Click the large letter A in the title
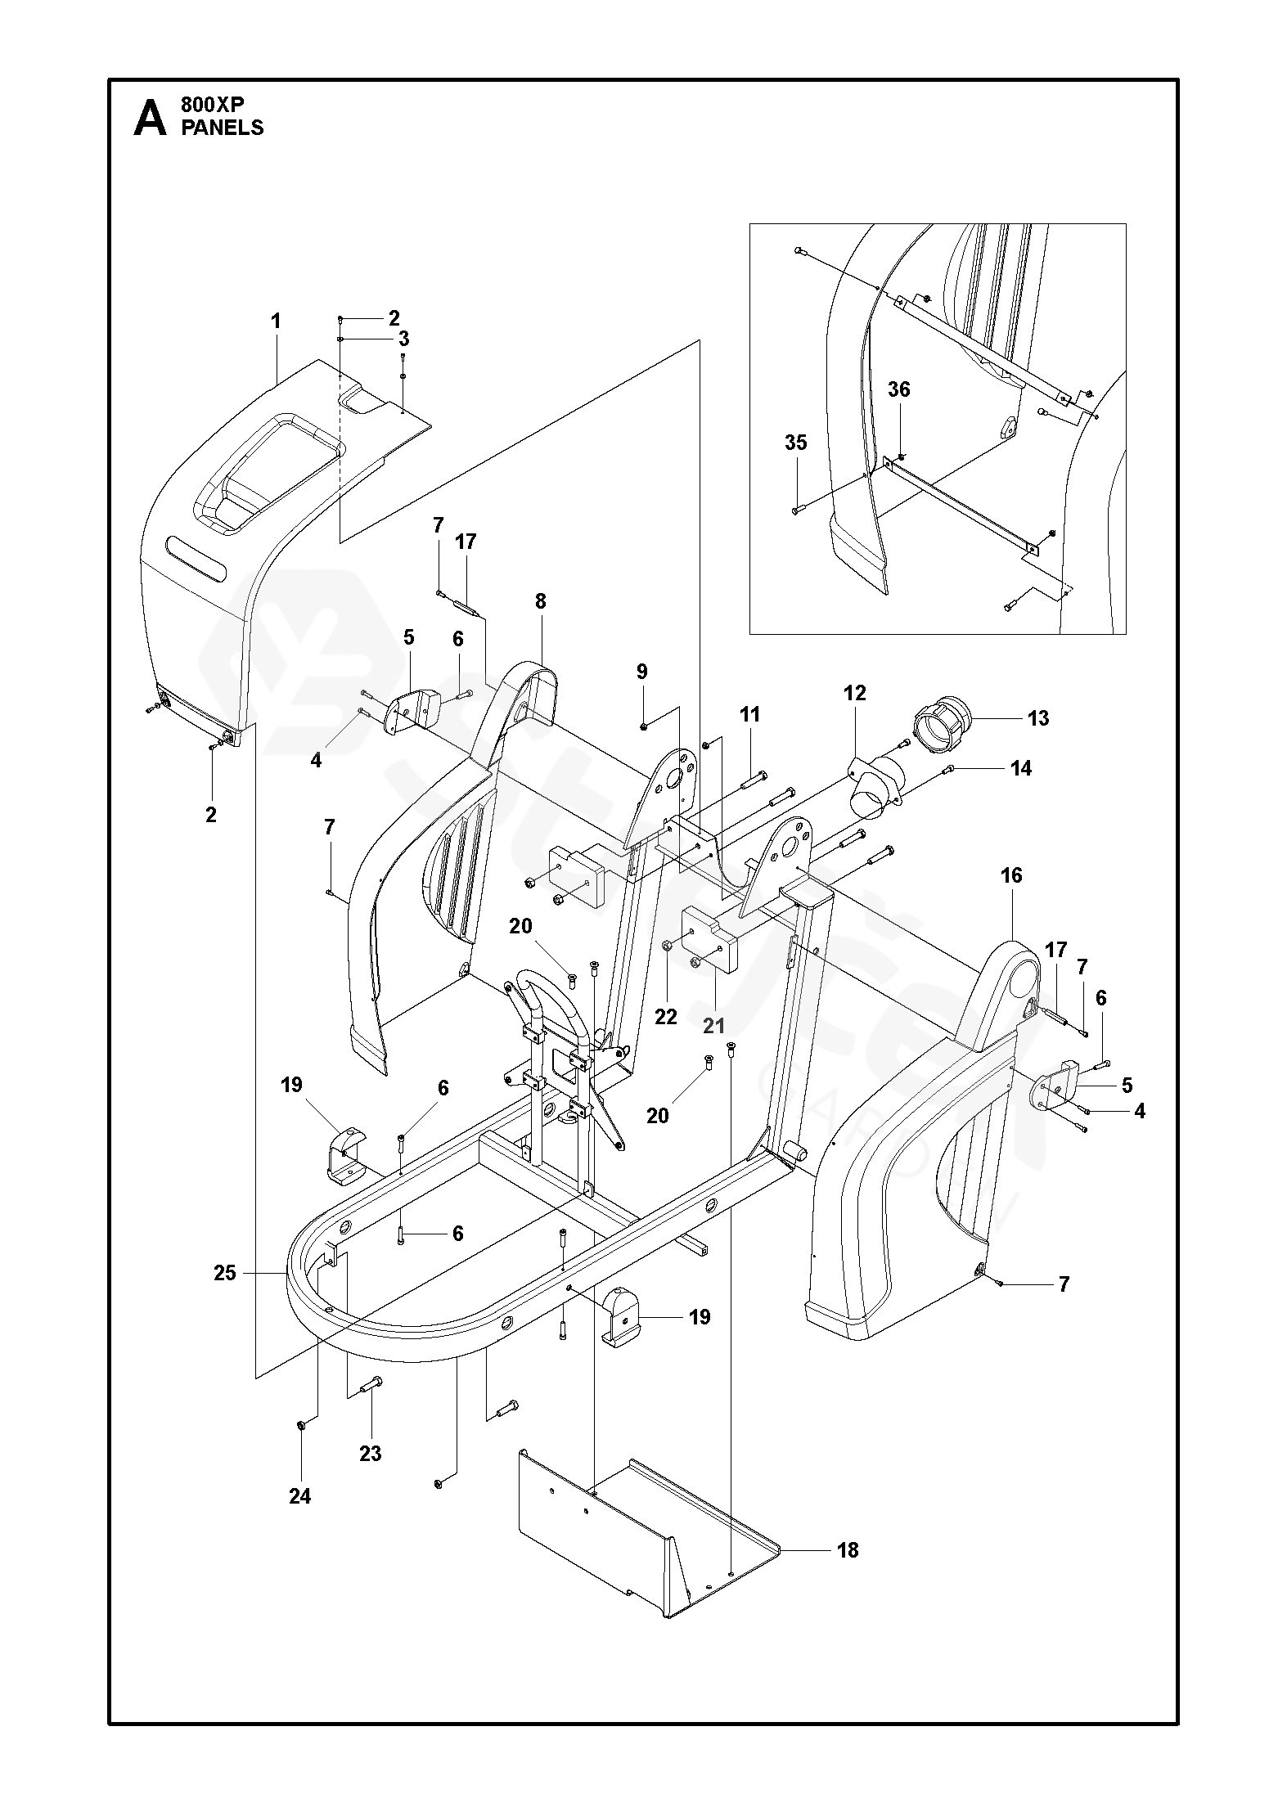pos(150,118)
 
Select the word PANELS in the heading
pos(223,128)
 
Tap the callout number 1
pos(276,321)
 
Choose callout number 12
pos(854,694)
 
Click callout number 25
pos(225,1272)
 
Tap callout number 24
pos(300,1495)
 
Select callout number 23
pos(371,1453)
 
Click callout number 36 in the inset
pos(899,389)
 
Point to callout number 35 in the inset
pos(795,443)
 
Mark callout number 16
pos(1011,875)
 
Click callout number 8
pos(540,601)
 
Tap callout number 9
pos(642,672)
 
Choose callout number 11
pos(749,714)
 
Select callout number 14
pos(1020,768)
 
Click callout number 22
pos(666,1016)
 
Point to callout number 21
pos(714,1026)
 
